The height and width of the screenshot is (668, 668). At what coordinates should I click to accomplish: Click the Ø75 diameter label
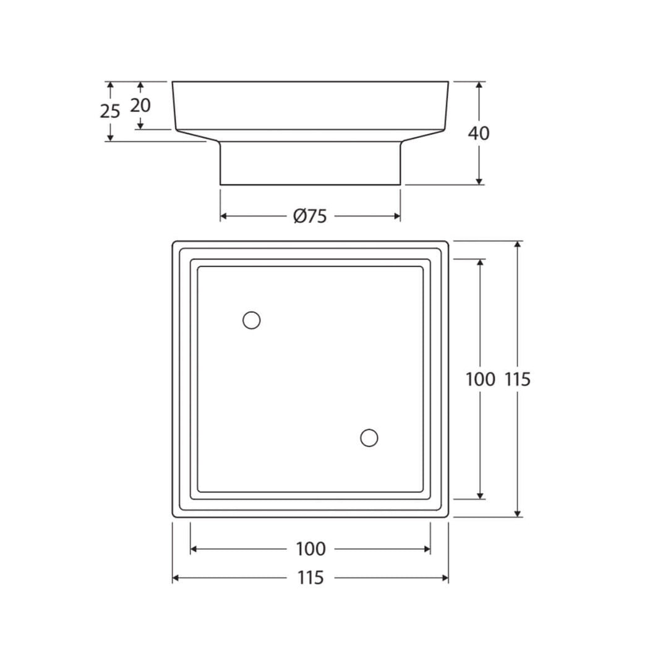pyautogui.click(x=310, y=216)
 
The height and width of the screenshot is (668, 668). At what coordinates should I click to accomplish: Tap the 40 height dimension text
pyautogui.click(x=479, y=134)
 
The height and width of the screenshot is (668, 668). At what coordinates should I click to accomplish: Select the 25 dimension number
pyautogui.click(x=110, y=111)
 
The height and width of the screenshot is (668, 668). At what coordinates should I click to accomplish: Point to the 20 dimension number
pyautogui.click(x=140, y=105)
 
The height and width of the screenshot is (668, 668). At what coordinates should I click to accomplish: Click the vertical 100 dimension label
pyautogui.click(x=481, y=379)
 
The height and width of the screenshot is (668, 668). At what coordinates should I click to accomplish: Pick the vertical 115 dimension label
pyautogui.click(x=518, y=379)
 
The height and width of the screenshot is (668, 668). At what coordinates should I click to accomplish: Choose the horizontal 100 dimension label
pyautogui.click(x=310, y=549)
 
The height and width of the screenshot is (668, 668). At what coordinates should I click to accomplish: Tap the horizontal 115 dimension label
pyautogui.click(x=310, y=578)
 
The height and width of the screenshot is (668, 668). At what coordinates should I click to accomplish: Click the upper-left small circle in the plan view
pyautogui.click(x=251, y=320)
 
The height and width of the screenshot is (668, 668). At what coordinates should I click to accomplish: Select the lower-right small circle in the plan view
pyautogui.click(x=369, y=437)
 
